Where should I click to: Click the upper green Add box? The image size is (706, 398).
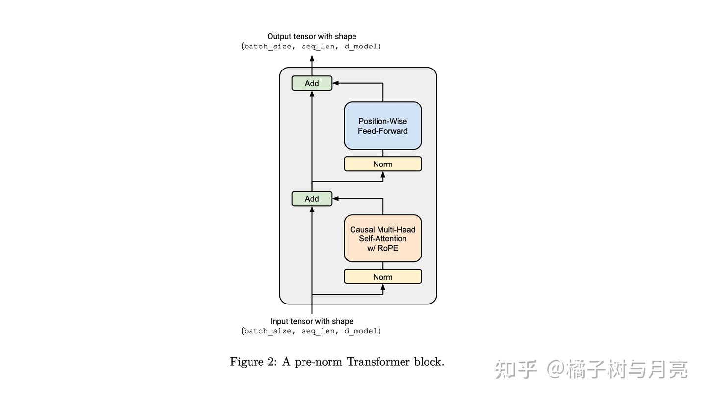(312, 83)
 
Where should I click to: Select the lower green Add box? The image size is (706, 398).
(312, 199)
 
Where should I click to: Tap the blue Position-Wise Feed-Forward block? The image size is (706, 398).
(382, 126)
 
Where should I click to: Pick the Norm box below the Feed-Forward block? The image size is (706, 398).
(382, 164)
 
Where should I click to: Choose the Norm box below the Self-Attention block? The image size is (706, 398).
(382, 277)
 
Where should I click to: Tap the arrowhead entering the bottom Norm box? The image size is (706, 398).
(383, 287)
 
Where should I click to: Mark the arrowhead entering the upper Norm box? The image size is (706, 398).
(383, 175)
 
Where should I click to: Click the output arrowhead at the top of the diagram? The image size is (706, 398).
(312, 58)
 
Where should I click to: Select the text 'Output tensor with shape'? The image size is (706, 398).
(312, 36)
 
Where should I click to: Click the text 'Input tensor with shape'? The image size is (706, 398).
(312, 321)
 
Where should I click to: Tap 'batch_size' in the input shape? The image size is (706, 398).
(268, 331)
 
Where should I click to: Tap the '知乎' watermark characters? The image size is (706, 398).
(516, 369)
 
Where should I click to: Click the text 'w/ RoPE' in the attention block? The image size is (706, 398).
(382, 248)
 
